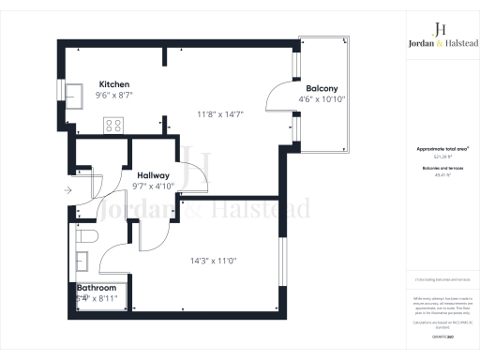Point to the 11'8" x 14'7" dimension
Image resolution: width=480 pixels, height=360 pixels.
pyautogui.click(x=219, y=114)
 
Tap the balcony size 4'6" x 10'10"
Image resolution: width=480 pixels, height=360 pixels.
pyautogui.click(x=322, y=99)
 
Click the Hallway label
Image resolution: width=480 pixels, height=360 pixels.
pyautogui.click(x=154, y=175)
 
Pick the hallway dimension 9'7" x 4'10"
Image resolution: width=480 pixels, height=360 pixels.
pyautogui.click(x=154, y=186)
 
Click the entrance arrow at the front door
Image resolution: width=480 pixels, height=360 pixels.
pyautogui.click(x=67, y=190)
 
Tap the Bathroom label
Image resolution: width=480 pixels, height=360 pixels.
pyautogui.click(x=96, y=289)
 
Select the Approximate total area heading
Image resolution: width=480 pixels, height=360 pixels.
pyautogui.click(x=436, y=149)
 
